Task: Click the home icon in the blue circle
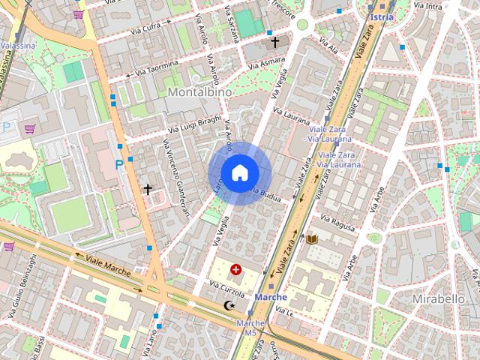coord(239,173)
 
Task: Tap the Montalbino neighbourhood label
coord(199,91)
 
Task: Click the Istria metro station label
coord(381,16)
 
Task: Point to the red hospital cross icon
coord(237,268)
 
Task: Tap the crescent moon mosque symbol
coord(229,305)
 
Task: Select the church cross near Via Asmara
coord(275,43)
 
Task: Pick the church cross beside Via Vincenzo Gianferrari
coord(148,189)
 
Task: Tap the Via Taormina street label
coord(154,68)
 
